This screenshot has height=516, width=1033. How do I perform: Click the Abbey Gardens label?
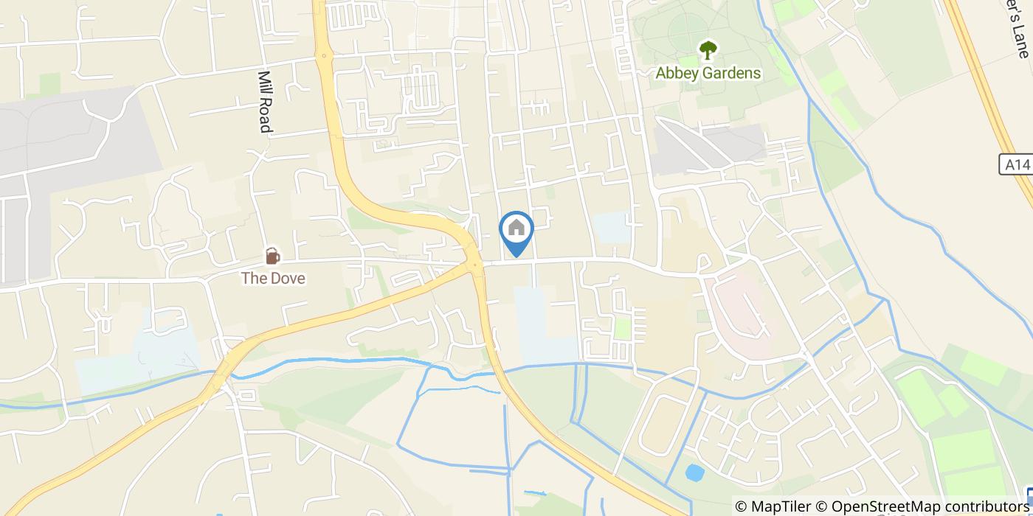click(708, 73)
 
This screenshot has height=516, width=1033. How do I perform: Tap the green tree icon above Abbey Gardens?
click(708, 50)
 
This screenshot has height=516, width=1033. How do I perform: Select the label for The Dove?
click(273, 278)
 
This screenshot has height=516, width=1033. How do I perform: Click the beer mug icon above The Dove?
click(273, 256)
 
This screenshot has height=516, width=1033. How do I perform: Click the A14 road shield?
click(1018, 164)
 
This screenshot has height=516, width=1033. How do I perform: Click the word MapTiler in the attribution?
click(781, 506)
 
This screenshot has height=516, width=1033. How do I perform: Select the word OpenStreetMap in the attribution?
click(880, 506)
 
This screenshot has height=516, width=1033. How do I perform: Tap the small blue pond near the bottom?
click(694, 473)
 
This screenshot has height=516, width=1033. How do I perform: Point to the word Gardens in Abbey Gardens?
click(730, 73)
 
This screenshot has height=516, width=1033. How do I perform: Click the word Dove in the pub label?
click(288, 278)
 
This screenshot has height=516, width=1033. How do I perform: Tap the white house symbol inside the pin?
click(516, 227)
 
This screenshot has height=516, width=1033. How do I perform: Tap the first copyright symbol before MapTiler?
click(742, 506)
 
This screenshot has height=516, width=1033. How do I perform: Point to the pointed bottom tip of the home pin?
click(516, 256)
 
